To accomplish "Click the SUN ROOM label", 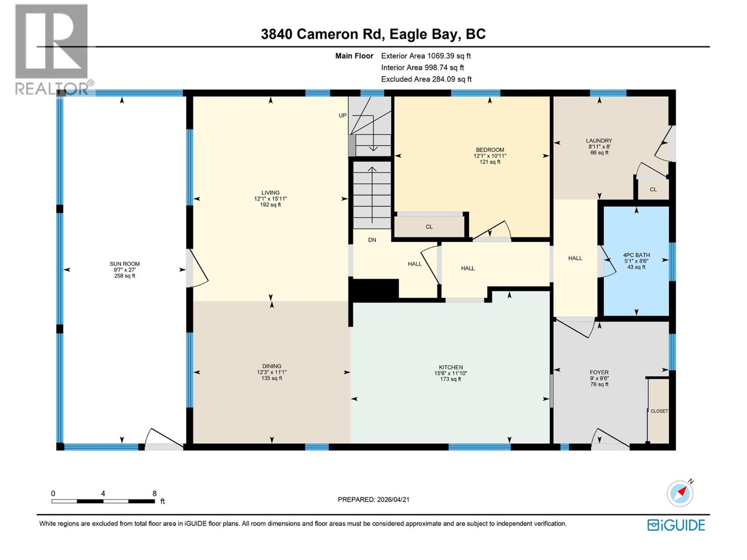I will (125, 264).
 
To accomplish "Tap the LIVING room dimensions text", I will (270, 199).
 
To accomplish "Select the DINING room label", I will (271, 366).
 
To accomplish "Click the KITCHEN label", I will (451, 367).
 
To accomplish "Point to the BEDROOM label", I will (490, 150).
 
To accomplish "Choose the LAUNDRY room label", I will (599, 140).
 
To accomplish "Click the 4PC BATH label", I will (636, 255).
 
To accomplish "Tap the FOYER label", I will (599, 372).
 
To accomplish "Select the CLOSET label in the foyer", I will (659, 411).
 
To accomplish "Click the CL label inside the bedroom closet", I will (429, 227).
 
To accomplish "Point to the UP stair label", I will (343, 115).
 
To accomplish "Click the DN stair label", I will (372, 240).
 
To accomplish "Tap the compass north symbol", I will (680, 493).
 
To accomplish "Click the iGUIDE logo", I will (676, 525).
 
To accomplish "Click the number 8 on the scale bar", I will (155, 493).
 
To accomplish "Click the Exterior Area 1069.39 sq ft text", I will (426, 56).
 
